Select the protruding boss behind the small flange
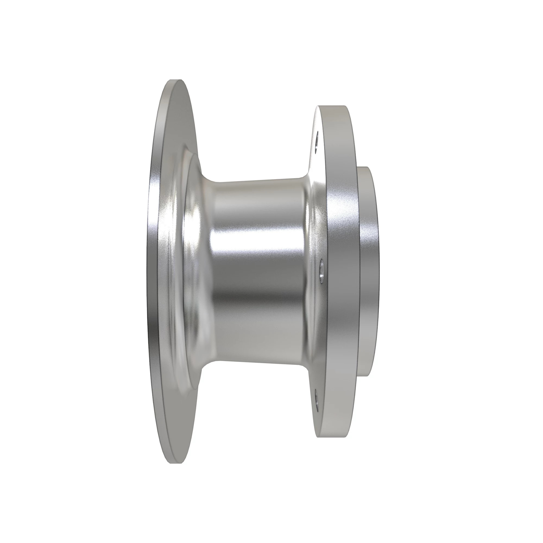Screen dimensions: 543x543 [368, 270]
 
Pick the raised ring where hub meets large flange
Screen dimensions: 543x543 [180, 270]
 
